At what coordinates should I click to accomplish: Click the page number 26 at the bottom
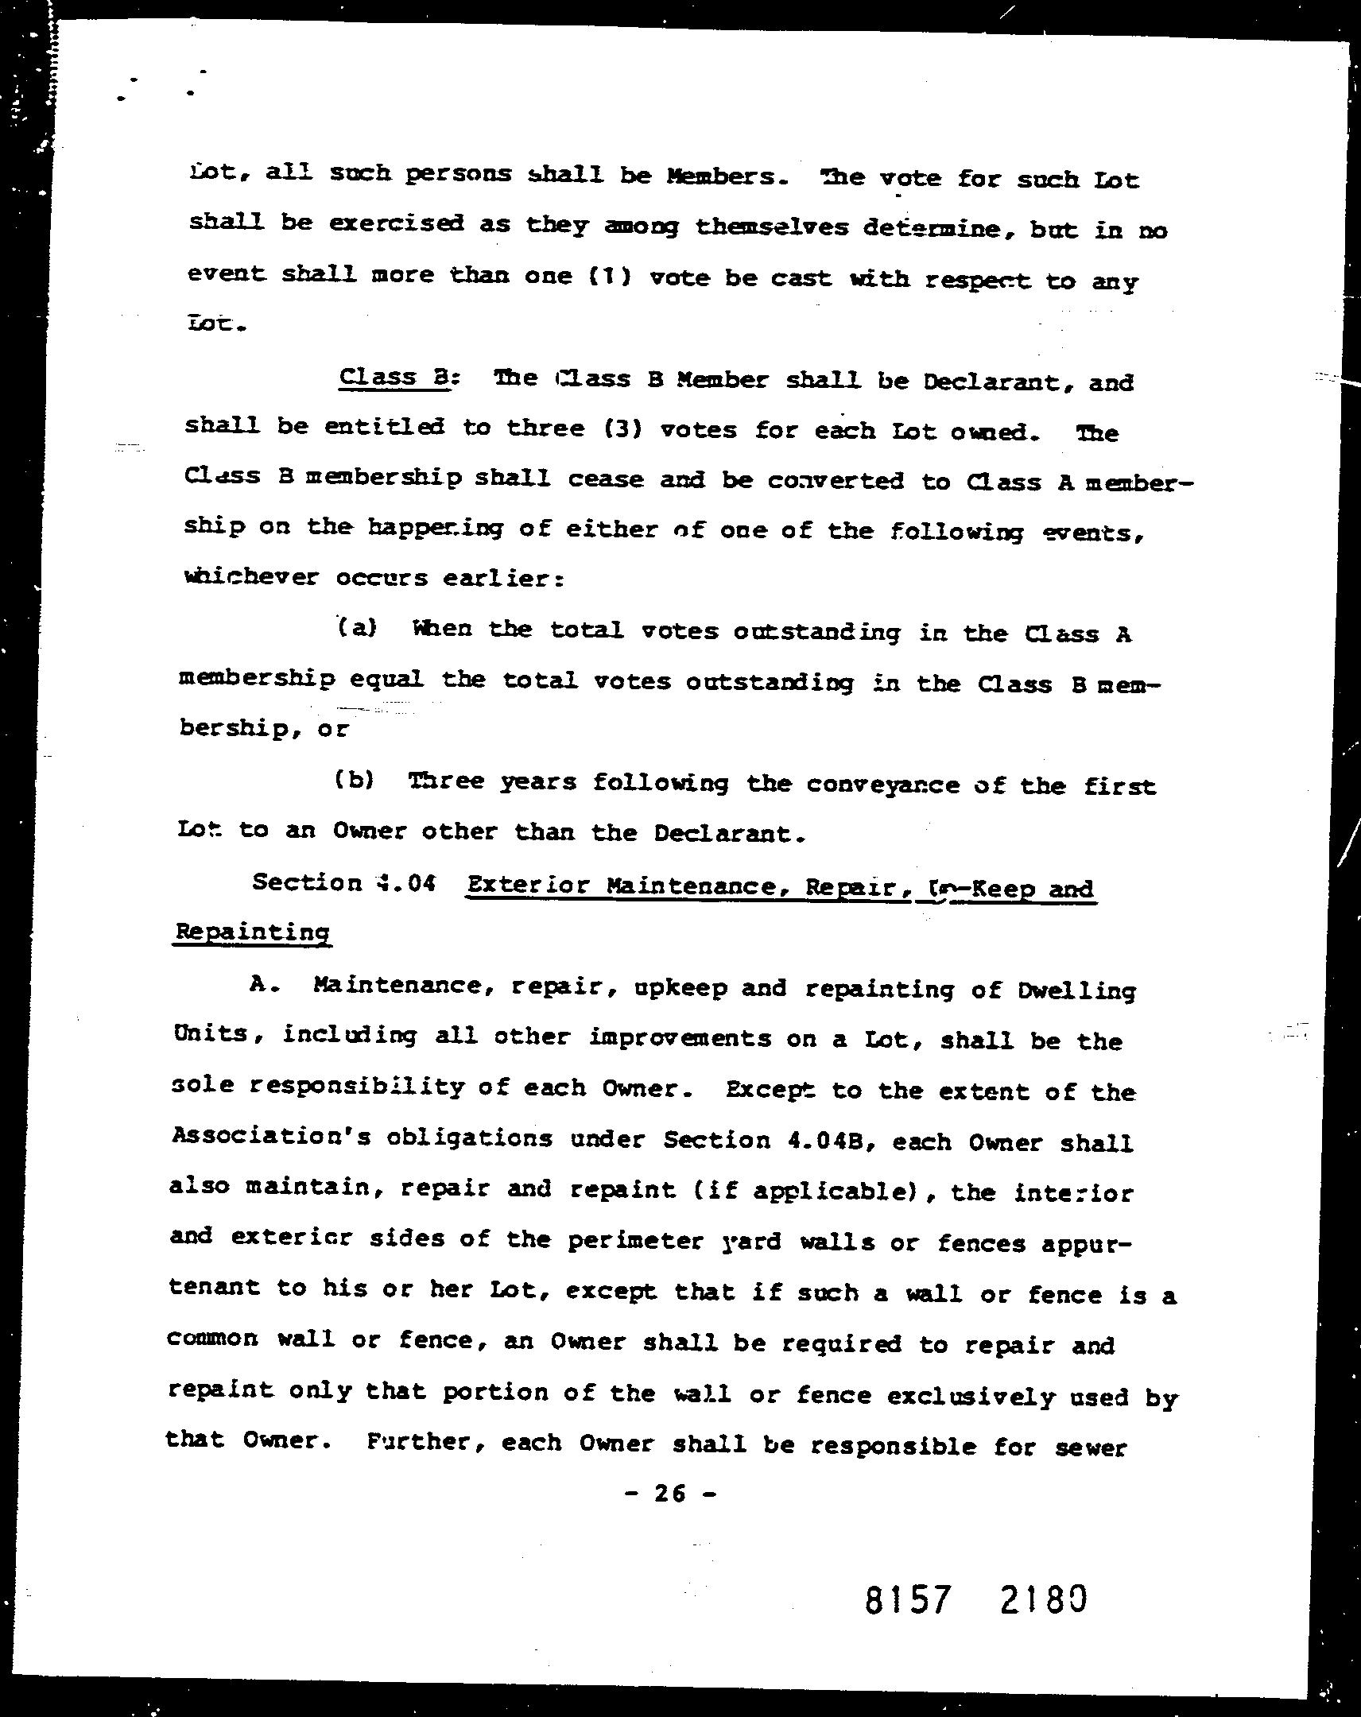[x=669, y=1493]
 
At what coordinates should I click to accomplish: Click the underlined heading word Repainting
[x=252, y=932]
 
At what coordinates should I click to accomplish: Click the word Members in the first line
[x=724, y=176]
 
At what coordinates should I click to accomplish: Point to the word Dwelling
[x=1076, y=991]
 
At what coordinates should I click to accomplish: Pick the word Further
[x=426, y=1442]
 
